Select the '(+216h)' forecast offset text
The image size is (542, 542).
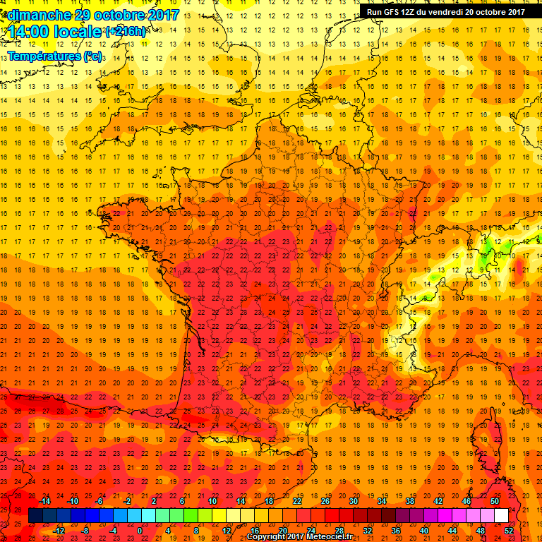point(126,32)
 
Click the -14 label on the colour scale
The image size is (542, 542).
point(44,501)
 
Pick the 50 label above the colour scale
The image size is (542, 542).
point(495,501)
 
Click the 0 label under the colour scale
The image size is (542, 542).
point(140,531)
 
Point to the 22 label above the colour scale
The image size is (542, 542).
point(297,501)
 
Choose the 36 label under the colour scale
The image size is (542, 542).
point(396,531)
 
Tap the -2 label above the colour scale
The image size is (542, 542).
point(127,501)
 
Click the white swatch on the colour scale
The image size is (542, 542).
point(501,516)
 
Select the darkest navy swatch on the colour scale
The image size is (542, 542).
point(35,516)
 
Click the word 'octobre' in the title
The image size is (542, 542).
point(121,15)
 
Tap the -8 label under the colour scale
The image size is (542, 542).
point(85,531)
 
